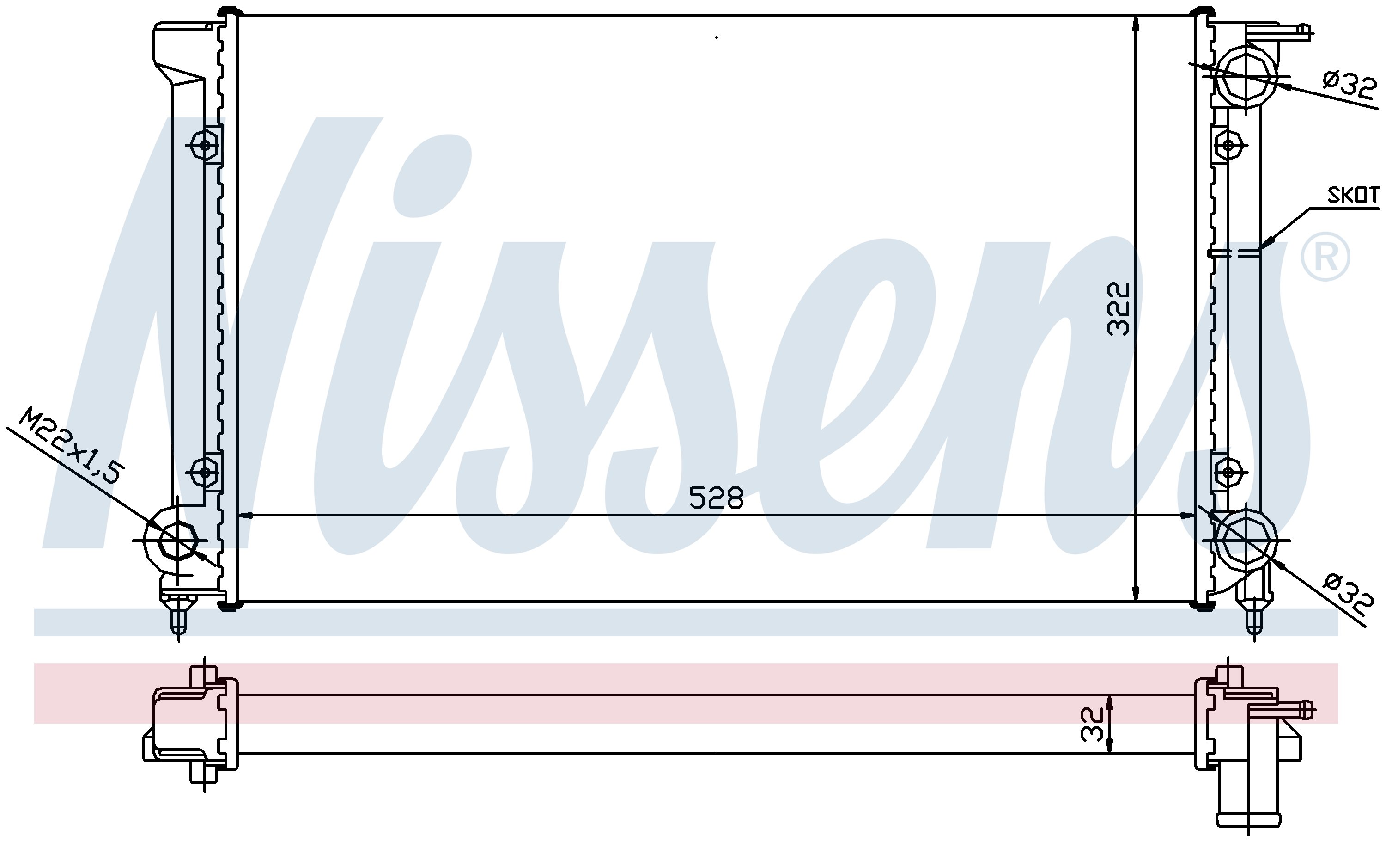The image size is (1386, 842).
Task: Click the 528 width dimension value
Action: tap(716, 498)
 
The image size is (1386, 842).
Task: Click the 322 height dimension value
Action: tap(1118, 309)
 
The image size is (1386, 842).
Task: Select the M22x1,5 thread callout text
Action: tap(70, 446)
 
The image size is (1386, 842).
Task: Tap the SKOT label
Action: tap(1353, 195)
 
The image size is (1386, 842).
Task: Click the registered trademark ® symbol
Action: tap(1325, 257)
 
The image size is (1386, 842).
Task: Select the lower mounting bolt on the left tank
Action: tap(205, 472)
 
